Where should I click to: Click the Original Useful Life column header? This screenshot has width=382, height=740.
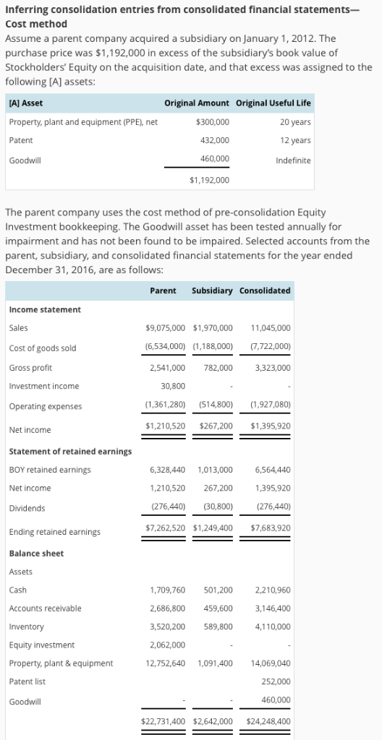[273, 103]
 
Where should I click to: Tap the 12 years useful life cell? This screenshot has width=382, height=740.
[295, 140]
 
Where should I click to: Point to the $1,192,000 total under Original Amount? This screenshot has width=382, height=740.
[209, 179]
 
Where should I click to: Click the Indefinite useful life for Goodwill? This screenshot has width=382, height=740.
[293, 160]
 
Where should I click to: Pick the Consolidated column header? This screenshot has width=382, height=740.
[265, 291]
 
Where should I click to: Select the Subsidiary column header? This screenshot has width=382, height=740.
[212, 291]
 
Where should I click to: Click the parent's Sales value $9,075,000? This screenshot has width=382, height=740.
[165, 327]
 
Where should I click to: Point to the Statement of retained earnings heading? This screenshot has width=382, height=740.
[70, 452]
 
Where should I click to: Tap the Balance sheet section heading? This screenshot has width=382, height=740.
[36, 554]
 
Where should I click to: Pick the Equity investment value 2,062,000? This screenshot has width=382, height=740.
[167, 645]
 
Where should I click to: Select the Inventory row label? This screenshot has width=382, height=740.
[26, 627]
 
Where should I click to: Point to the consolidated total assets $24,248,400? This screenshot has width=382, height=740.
[268, 720]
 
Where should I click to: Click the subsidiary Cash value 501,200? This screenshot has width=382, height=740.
[218, 590]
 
